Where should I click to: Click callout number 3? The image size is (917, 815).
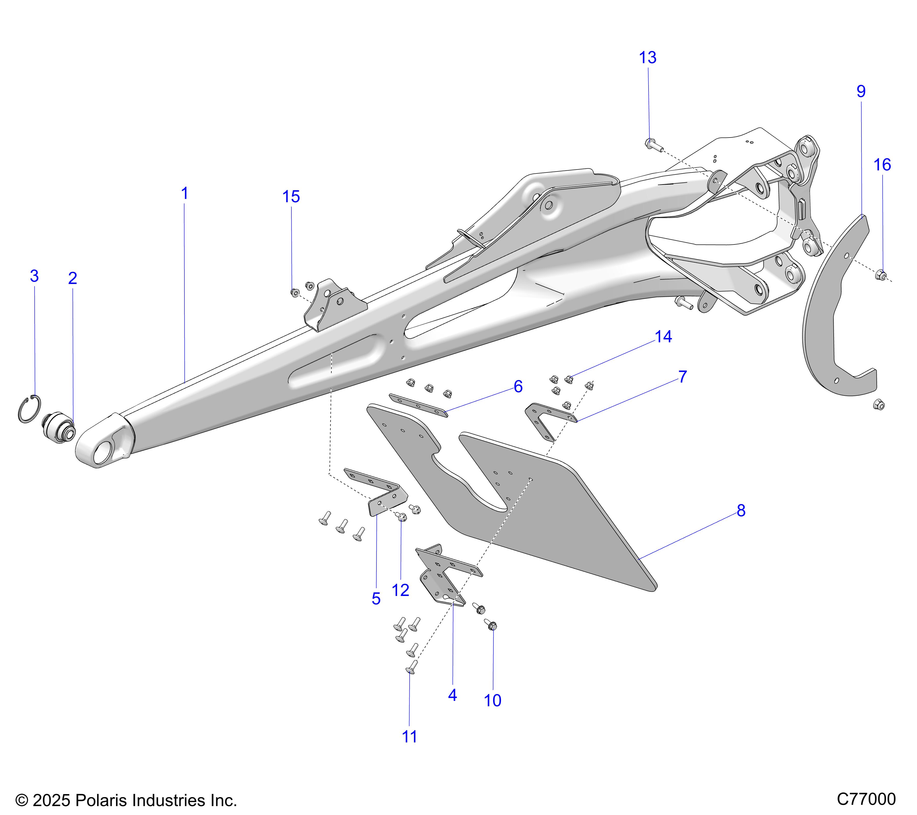(x=34, y=276)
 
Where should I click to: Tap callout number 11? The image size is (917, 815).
(x=409, y=737)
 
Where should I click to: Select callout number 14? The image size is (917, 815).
(x=663, y=337)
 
